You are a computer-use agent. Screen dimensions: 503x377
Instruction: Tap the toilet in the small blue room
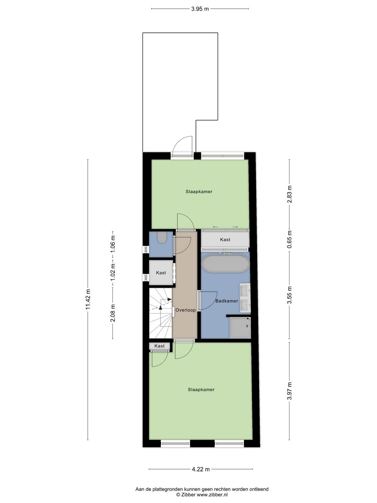click(161, 238)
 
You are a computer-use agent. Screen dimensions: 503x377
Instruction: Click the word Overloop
click(185, 310)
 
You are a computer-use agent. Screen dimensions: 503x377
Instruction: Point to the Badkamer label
click(227, 301)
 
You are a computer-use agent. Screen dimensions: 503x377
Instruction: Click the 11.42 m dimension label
click(88, 299)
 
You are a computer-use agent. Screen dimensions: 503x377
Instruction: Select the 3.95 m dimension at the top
click(200, 9)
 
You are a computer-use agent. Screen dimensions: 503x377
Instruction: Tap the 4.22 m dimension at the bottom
click(201, 469)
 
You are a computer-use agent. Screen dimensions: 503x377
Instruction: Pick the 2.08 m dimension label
click(112, 313)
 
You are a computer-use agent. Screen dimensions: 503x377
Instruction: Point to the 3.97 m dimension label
click(289, 391)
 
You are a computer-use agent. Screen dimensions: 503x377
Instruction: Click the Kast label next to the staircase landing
click(160, 346)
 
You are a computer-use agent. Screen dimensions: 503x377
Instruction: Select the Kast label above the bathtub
click(225, 240)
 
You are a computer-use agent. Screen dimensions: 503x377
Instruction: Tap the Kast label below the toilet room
click(161, 272)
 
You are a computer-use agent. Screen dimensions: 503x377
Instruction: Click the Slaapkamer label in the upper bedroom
click(199, 191)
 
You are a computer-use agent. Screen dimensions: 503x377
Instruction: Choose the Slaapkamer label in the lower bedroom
click(201, 389)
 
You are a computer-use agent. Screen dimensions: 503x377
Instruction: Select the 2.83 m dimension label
click(289, 194)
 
